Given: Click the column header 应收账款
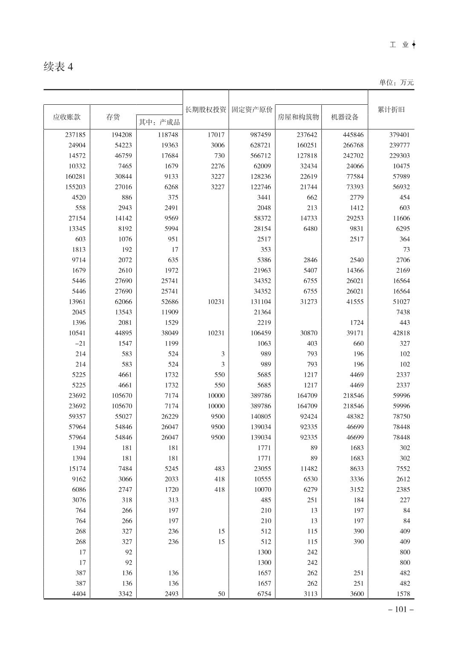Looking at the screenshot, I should (66, 117).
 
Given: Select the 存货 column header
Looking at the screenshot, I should (113, 117).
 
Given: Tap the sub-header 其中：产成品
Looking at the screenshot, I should (159, 122).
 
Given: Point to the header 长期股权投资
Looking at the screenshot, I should (206, 109).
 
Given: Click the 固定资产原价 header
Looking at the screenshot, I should (252, 109).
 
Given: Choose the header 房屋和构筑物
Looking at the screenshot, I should (298, 117).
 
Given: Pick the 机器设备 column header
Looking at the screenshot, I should (345, 117).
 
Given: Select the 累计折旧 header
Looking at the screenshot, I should (391, 109).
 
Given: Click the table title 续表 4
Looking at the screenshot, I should (58, 67).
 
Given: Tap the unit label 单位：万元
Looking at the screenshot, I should (396, 82).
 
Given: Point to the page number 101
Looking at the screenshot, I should (401, 609).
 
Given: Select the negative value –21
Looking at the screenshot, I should (80, 343).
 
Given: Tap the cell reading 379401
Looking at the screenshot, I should (399, 135).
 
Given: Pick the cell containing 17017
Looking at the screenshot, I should (216, 135).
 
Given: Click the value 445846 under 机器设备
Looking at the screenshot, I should (353, 135).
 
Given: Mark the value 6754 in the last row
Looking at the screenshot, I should (264, 594).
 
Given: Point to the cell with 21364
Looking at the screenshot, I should (262, 312).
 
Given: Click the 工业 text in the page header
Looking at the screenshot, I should (399, 45).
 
